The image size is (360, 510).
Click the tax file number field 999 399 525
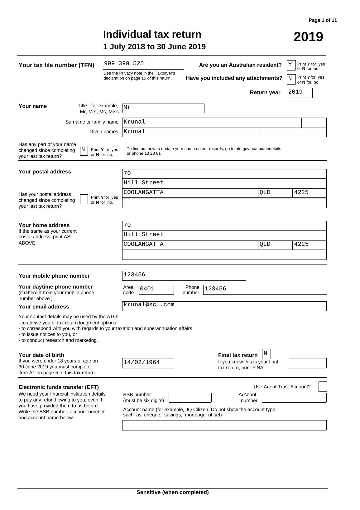click(143, 65)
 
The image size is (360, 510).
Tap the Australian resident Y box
click(291, 65)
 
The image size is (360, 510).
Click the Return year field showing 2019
click(299, 93)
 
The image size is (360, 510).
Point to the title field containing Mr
click(163, 108)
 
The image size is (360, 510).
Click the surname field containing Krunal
click(212, 123)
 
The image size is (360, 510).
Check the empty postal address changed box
click(84, 199)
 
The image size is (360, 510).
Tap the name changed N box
click(84, 150)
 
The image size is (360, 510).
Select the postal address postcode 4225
click(309, 193)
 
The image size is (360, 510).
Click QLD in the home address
click(275, 245)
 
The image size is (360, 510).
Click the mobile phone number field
click(184, 275)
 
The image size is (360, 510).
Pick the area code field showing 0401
click(156, 289)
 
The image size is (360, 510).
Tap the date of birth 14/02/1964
click(147, 363)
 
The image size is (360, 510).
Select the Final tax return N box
click(266, 354)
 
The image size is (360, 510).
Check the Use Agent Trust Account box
click(323, 387)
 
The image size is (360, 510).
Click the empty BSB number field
click(190, 398)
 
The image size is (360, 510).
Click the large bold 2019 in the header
click(308, 37)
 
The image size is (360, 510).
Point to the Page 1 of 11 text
click(323, 20)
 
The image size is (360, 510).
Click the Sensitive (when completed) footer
click(172, 492)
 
